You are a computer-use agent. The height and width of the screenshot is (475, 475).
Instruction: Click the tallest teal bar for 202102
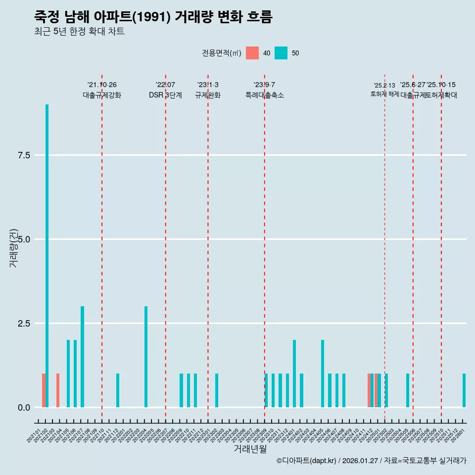(47, 256)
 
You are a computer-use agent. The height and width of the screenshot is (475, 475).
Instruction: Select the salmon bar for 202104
(58, 390)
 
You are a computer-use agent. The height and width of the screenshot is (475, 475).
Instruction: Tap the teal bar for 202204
(146, 357)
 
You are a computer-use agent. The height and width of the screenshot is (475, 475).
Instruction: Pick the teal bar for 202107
(83, 357)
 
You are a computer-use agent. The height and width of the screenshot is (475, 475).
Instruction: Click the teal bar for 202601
(464, 390)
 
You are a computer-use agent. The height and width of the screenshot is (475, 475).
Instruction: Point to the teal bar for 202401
(294, 374)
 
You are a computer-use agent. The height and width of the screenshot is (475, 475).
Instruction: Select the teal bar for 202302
(217, 390)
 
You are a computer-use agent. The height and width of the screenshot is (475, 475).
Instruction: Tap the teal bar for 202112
(118, 390)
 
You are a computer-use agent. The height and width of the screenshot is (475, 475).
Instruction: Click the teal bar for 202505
(408, 390)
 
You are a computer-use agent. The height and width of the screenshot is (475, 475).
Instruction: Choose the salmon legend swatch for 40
(252, 53)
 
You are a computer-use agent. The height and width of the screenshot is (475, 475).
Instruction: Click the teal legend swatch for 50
(281, 53)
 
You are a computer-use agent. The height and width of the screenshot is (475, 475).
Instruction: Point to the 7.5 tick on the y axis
(24, 155)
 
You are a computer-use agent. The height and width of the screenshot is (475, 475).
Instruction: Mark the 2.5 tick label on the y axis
(24, 324)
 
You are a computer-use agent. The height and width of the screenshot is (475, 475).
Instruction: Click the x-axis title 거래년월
(250, 449)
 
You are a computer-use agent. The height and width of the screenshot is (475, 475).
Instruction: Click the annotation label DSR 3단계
(165, 95)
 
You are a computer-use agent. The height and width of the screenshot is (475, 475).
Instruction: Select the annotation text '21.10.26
(102, 85)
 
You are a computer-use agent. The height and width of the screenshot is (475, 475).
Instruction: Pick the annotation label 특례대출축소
(265, 95)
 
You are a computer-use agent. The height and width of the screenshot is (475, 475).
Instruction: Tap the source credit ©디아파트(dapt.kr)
(307, 461)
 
